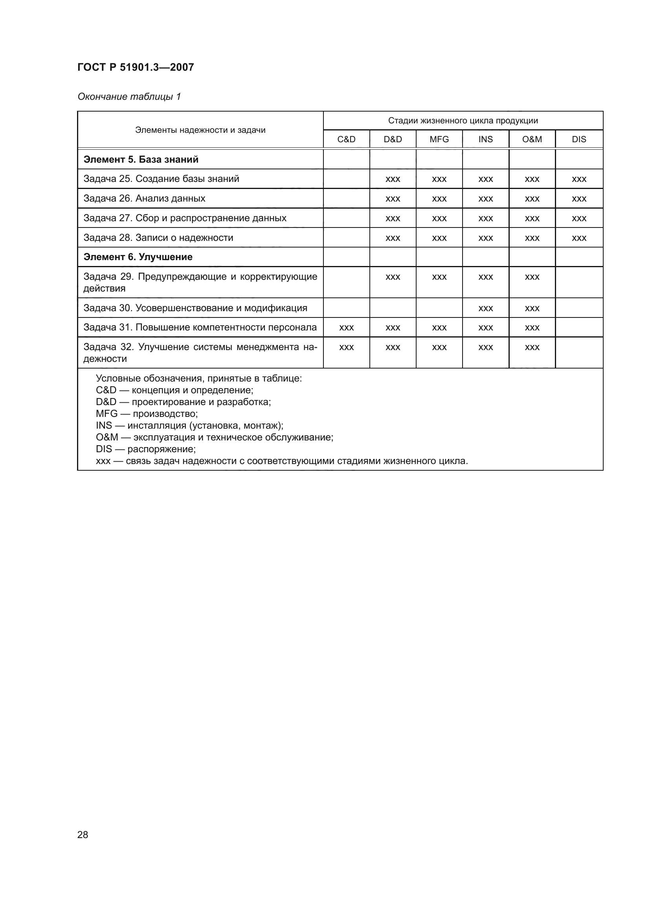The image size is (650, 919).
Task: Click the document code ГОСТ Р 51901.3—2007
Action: pos(135,67)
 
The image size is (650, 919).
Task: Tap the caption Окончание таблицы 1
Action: pos(129,97)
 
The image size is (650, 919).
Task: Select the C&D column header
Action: pos(346,139)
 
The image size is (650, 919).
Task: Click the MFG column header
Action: pos(439,139)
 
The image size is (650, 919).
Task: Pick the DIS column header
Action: pos(579,139)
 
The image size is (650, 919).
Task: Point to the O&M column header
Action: pos(532,139)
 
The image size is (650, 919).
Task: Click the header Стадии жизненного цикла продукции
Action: pos(463,121)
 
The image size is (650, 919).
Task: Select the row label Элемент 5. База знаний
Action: pos(141,159)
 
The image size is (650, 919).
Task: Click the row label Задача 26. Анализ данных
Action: pos(144,198)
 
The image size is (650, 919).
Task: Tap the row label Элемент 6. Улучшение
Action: pos(138,257)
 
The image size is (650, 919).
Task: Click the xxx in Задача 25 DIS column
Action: pos(579,179)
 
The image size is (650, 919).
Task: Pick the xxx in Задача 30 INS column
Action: pos(485,308)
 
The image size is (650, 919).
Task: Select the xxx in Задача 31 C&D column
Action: pos(346,328)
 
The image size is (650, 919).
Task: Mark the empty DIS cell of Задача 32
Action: pos(579,352)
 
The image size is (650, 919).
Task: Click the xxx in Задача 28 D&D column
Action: pos(393,238)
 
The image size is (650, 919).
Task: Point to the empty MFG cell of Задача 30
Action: pos(439,308)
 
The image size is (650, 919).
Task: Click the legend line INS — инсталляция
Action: pos(189,426)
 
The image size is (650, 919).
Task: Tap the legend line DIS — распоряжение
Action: pos(146,449)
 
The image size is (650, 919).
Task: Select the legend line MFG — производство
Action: pos(147,413)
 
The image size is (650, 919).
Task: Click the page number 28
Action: pos(83,835)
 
